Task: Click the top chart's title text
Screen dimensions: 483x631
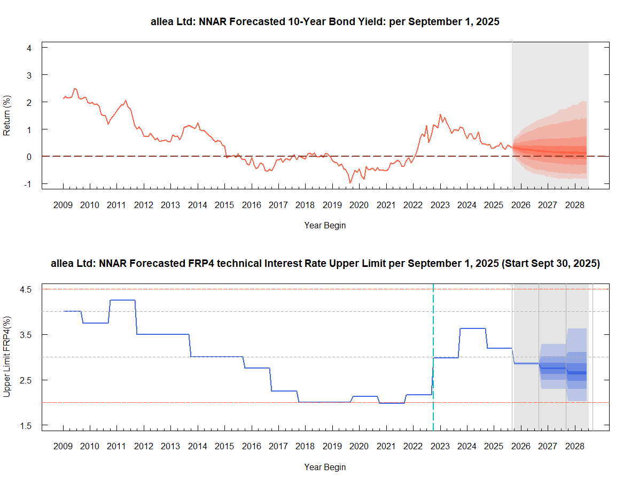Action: [325, 22]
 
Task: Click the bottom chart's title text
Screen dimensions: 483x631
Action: [325, 263]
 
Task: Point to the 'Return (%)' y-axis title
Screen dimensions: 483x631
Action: [7, 115]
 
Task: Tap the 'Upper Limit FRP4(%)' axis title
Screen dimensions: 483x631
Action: [7, 356]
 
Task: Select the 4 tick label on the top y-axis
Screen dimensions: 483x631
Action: [29, 48]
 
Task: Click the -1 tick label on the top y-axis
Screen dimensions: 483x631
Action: [27, 184]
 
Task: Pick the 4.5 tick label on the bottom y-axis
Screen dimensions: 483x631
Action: [27, 289]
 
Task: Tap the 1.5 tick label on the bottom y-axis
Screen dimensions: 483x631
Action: [27, 425]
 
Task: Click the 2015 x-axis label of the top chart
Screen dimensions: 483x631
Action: [224, 205]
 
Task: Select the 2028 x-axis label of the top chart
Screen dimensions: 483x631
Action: [574, 205]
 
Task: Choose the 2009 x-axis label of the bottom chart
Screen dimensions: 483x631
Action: [63, 446]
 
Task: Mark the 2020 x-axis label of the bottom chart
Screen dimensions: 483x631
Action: [359, 446]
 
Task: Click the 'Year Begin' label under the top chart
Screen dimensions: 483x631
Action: [325, 226]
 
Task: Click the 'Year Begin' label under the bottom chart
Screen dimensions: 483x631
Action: [325, 467]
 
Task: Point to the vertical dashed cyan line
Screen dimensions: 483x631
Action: [433, 342]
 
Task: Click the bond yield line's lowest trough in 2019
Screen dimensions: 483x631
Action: [350, 182]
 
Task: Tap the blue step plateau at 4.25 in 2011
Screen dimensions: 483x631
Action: [122, 300]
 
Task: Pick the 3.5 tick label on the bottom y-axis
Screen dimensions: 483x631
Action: [27, 335]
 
